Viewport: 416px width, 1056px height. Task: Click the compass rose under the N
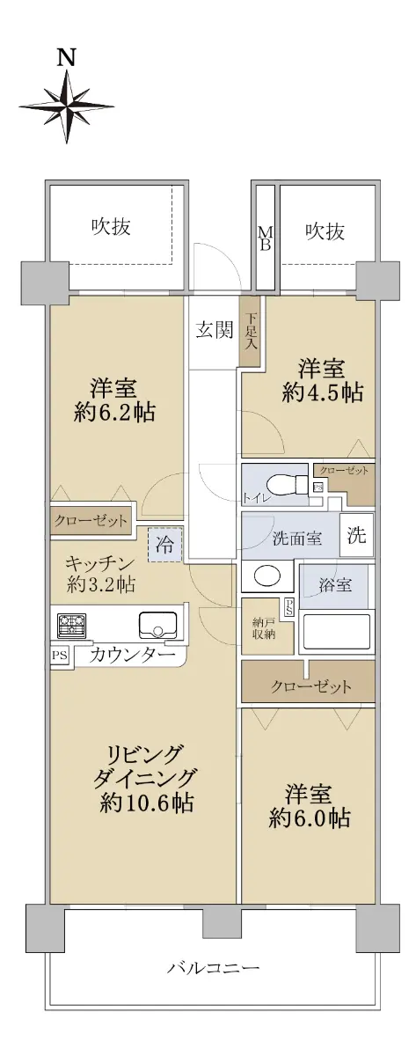(x=67, y=106)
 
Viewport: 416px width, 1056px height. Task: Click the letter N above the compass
(x=67, y=56)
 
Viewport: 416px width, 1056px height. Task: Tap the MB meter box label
(x=265, y=238)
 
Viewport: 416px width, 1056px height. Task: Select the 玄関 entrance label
(x=215, y=331)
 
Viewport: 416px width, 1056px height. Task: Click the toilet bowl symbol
(x=287, y=484)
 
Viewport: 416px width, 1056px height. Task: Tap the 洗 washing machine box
(x=357, y=535)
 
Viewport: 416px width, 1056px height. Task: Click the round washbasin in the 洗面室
(x=267, y=576)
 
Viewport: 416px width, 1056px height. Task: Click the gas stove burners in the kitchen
(x=72, y=625)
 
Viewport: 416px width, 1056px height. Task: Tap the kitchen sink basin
(x=157, y=625)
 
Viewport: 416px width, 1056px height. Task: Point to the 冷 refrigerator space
(x=164, y=545)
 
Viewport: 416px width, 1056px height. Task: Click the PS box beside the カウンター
(x=60, y=656)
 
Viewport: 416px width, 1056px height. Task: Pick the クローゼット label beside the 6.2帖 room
(x=91, y=520)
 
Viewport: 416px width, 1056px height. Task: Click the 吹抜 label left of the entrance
(x=111, y=227)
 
